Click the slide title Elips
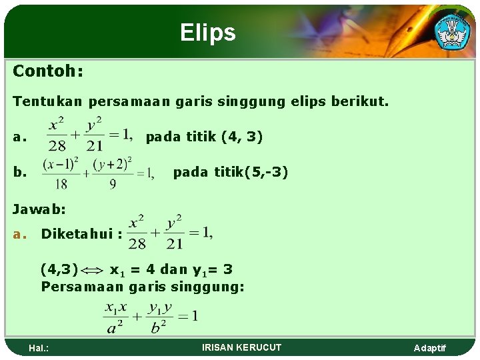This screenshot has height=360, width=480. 207,33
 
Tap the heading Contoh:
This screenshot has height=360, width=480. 48,71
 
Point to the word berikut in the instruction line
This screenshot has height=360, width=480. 363,102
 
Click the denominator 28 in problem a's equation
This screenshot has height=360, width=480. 58,146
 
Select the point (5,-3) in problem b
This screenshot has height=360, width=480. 266,173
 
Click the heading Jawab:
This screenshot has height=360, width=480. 39,209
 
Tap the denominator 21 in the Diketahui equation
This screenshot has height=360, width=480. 175,244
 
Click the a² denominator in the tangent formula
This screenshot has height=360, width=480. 114,327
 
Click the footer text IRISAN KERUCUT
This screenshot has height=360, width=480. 241,347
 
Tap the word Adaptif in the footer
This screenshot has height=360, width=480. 430,348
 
